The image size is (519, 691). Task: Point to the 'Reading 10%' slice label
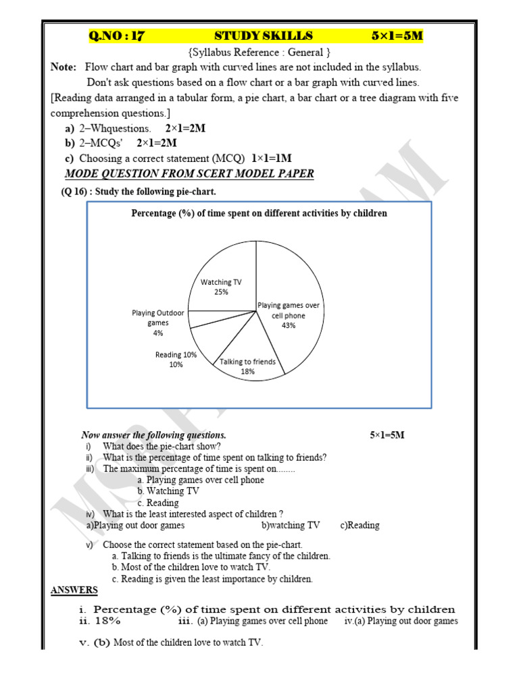[x=176, y=360]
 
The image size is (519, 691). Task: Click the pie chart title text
[x=259, y=213]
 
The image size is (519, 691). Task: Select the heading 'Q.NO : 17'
[x=116, y=36]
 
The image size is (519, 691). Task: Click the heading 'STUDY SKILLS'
[x=264, y=36]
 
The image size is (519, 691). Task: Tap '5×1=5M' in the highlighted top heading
[x=397, y=36]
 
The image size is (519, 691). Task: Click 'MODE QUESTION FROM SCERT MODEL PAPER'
[x=189, y=173]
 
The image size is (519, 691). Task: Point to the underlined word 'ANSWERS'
[x=74, y=590]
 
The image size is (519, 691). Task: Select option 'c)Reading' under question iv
[x=360, y=525]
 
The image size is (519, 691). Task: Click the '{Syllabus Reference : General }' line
[x=259, y=52]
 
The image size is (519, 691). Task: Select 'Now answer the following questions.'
[x=154, y=435]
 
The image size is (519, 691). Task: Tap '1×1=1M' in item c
[x=272, y=158]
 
